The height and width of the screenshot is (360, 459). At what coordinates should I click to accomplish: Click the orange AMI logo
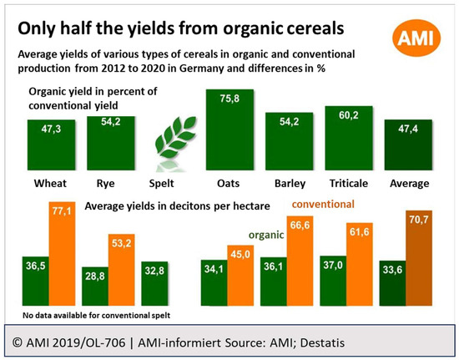click(416, 38)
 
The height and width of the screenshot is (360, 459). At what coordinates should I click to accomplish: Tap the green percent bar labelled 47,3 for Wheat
click(51, 145)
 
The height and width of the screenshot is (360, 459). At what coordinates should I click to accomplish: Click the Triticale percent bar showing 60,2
click(349, 138)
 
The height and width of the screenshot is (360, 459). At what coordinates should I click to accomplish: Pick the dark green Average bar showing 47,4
click(408, 145)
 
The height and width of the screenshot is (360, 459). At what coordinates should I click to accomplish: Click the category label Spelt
click(161, 184)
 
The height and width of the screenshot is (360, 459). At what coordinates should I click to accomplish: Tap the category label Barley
click(290, 184)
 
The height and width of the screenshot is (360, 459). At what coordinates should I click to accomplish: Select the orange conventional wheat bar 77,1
click(62, 254)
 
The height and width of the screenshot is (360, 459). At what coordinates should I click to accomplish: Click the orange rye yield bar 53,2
click(122, 270)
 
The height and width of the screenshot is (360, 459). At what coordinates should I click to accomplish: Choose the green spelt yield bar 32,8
click(154, 283)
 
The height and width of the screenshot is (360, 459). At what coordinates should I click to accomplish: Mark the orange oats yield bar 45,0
click(240, 276)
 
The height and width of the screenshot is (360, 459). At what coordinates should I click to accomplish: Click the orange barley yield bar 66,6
click(300, 261)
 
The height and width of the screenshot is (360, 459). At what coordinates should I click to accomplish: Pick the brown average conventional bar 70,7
click(419, 258)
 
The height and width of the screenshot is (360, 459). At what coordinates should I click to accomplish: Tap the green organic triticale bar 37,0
click(333, 281)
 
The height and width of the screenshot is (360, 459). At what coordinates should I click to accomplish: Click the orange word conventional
click(323, 204)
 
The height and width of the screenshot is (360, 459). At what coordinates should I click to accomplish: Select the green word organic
click(266, 235)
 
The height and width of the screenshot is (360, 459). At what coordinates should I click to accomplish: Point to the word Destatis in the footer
click(322, 342)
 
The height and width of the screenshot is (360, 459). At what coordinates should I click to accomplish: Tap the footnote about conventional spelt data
click(96, 316)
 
